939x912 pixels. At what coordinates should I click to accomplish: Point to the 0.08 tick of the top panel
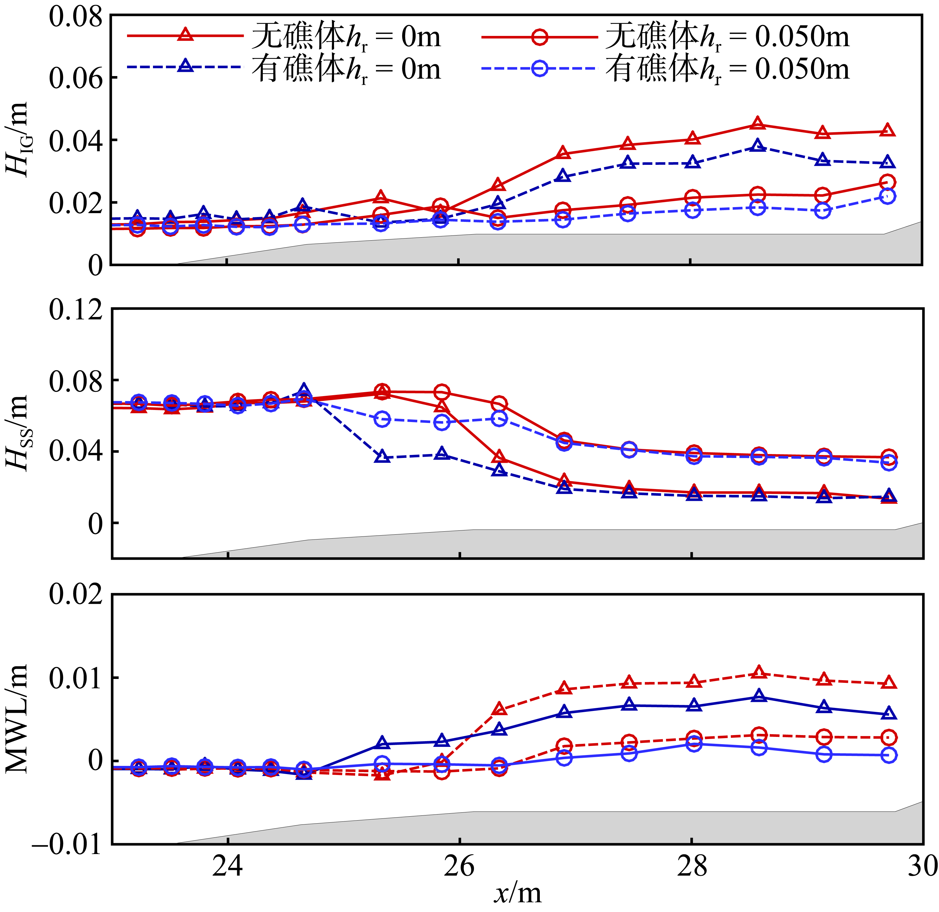coord(76,17)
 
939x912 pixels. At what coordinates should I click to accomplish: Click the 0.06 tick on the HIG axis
coord(76,78)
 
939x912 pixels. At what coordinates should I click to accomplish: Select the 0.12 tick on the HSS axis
coord(76,310)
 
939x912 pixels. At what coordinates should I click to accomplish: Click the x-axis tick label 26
coord(459,866)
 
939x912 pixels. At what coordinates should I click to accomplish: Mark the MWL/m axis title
coord(18,719)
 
